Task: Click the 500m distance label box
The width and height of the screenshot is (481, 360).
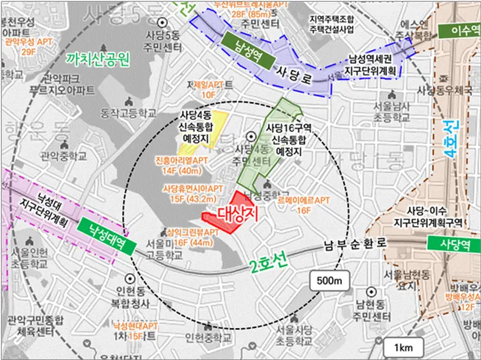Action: pyautogui.click(x=329, y=280)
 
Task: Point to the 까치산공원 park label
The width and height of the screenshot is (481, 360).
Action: pyautogui.click(x=97, y=59)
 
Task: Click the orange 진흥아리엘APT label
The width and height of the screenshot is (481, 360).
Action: pyautogui.click(x=182, y=165)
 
